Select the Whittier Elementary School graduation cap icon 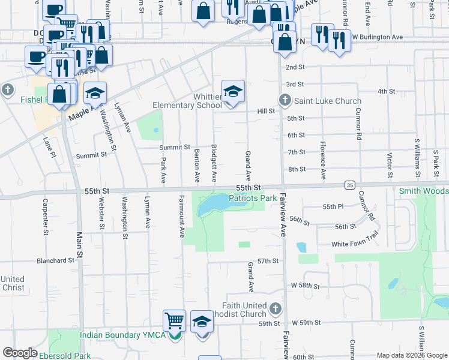click(233, 92)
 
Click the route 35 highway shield click(349, 185)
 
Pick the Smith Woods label click(424, 191)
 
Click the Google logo click(20, 353)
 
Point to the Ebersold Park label click(65, 356)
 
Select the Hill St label click(266, 111)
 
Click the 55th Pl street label click(332, 206)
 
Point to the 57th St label click(268, 261)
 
